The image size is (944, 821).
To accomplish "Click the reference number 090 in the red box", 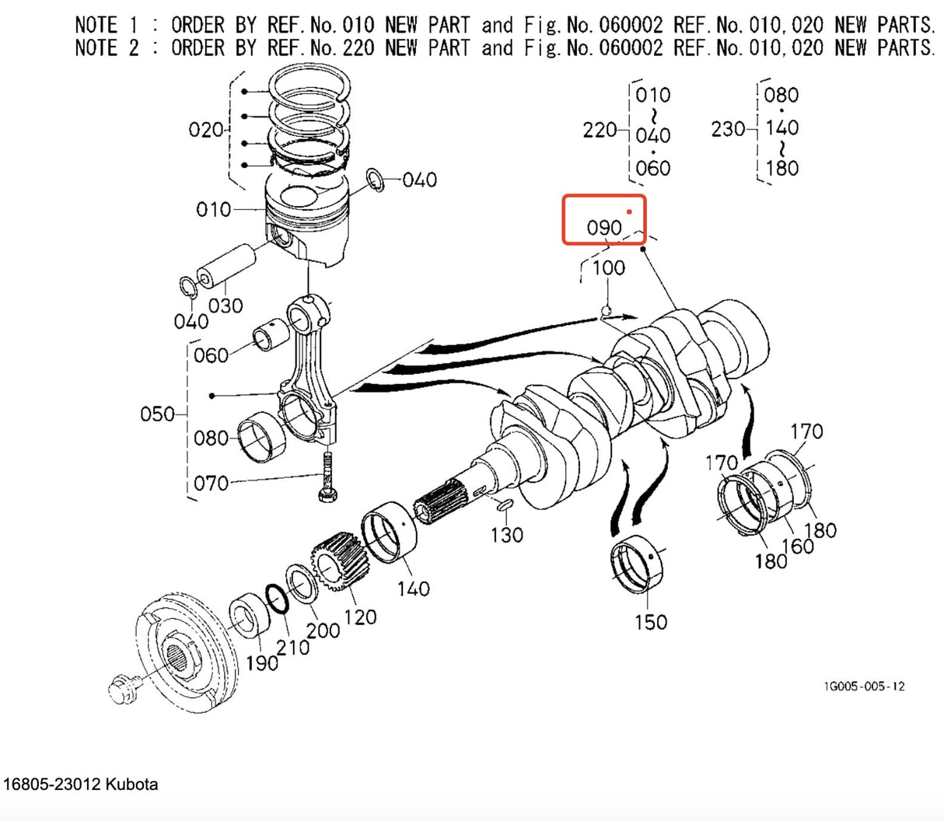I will [604, 228].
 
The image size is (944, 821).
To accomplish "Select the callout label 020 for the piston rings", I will [206, 129].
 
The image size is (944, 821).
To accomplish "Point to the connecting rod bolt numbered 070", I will [326, 477].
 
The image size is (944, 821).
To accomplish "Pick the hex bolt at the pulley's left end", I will [123, 690].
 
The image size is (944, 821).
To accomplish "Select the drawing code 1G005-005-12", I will [864, 686].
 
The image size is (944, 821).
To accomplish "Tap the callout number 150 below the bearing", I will [650, 622].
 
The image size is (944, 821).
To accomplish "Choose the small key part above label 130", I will [503, 506].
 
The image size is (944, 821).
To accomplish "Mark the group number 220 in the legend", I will [600, 130].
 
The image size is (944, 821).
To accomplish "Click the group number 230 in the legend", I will [728, 129].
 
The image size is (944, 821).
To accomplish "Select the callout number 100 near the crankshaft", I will [608, 268].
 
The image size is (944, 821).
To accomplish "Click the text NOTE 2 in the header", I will [107, 48].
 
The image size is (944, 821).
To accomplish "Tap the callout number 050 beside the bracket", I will [157, 414].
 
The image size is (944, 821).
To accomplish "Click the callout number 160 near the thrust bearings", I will [798, 546].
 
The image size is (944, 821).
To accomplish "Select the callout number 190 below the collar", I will [262, 662].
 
